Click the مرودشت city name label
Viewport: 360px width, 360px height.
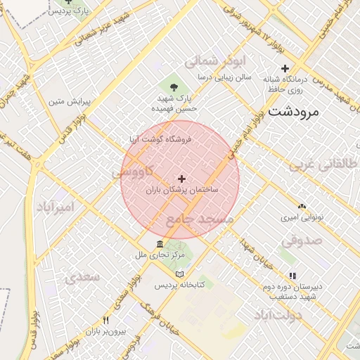tap(293, 111)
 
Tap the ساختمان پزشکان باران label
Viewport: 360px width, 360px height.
tap(181, 190)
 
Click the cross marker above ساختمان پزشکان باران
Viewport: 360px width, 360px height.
tap(182, 179)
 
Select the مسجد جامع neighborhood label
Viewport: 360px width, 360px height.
tap(199, 219)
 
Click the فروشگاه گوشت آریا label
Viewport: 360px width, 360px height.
tap(160, 139)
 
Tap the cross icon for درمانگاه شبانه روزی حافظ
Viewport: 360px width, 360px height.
tap(285, 69)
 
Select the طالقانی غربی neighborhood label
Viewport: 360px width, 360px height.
tap(324, 165)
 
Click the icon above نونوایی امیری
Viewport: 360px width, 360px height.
tap(302, 207)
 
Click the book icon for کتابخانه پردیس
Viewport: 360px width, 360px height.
tap(179, 274)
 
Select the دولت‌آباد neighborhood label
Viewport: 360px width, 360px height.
tap(278, 314)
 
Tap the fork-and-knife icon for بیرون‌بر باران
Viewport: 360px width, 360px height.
tap(105, 320)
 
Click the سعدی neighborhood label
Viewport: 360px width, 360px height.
tap(82, 277)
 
